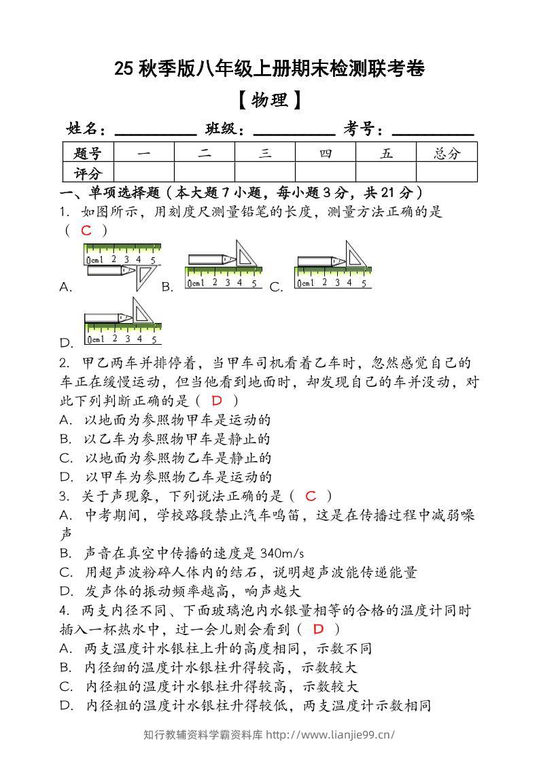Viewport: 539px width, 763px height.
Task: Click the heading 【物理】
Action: pyautogui.click(x=269, y=101)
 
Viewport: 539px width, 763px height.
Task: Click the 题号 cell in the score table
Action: pyautogui.click(x=88, y=153)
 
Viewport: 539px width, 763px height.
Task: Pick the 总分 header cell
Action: pyautogui.click(x=447, y=153)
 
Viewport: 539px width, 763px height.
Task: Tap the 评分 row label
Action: pyautogui.click(x=88, y=173)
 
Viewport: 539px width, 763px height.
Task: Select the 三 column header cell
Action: pyautogui.click(x=265, y=153)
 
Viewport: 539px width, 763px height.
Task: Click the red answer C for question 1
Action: pyautogui.click(x=86, y=231)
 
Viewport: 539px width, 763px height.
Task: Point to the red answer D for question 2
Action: pyautogui.click(x=218, y=401)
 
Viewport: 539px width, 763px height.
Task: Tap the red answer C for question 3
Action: pyautogui.click(x=311, y=496)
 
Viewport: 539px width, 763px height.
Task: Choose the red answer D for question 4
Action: pyautogui.click(x=317, y=629)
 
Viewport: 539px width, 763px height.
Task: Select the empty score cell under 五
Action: pyautogui.click(x=386, y=173)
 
